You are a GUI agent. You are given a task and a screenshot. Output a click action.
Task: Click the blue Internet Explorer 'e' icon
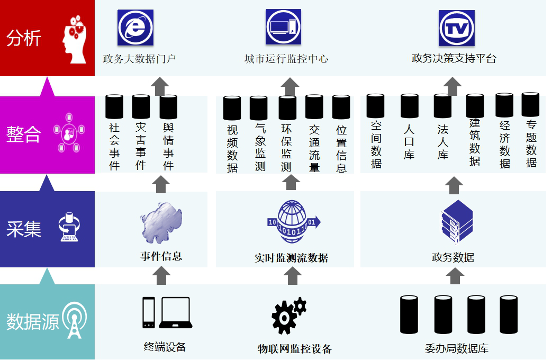(135, 28)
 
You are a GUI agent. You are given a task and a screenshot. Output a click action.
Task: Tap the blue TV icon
(457, 28)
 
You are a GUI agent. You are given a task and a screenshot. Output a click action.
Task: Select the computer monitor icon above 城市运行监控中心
(283, 27)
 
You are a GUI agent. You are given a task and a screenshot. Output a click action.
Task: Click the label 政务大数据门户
(139, 59)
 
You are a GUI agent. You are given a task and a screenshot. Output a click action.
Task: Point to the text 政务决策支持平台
(454, 58)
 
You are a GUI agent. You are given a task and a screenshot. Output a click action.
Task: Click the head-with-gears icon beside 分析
(74, 39)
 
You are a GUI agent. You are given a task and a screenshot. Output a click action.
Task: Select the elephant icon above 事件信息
(161, 223)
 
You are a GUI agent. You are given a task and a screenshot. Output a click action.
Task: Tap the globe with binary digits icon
(293, 222)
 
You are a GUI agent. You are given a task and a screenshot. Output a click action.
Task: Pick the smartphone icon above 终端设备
(149, 312)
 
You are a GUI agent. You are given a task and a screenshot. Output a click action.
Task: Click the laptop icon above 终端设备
(176, 312)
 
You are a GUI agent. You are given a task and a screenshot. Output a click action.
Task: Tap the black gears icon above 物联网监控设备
(289, 316)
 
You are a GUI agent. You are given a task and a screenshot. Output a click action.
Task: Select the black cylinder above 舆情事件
(168, 107)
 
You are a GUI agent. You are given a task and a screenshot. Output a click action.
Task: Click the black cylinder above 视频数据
(232, 108)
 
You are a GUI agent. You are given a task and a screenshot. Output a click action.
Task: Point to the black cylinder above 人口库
(410, 106)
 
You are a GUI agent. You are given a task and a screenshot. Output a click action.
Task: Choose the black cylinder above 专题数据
(530, 105)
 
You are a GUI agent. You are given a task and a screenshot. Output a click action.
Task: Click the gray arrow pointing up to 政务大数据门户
(160, 86)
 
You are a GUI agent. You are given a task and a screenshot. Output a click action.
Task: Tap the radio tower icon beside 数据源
(74, 320)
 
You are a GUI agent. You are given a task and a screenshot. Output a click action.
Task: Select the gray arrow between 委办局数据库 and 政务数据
(455, 276)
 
